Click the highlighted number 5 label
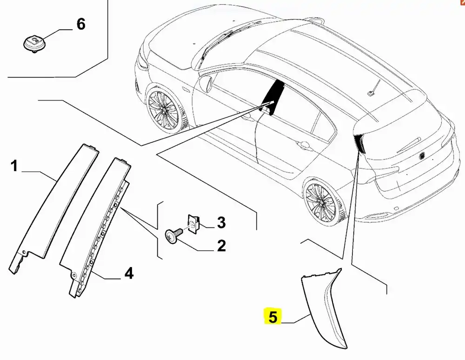coord(272,317)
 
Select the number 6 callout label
coord(81,24)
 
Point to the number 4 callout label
coord(128,273)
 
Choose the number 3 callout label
coord(221,222)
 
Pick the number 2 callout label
coord(221,245)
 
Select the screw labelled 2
coord(173,237)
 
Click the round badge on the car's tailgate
coord(423,154)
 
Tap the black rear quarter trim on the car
coord(359,142)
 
